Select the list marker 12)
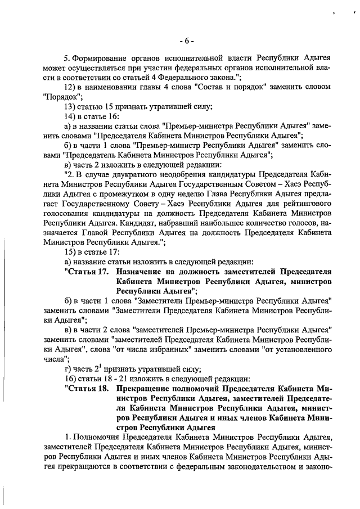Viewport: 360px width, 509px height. click(70, 87)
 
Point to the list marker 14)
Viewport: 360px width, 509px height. click(70, 116)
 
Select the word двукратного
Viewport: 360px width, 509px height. click(127, 174)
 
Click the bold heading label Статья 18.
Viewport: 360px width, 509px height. click(86, 388)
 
